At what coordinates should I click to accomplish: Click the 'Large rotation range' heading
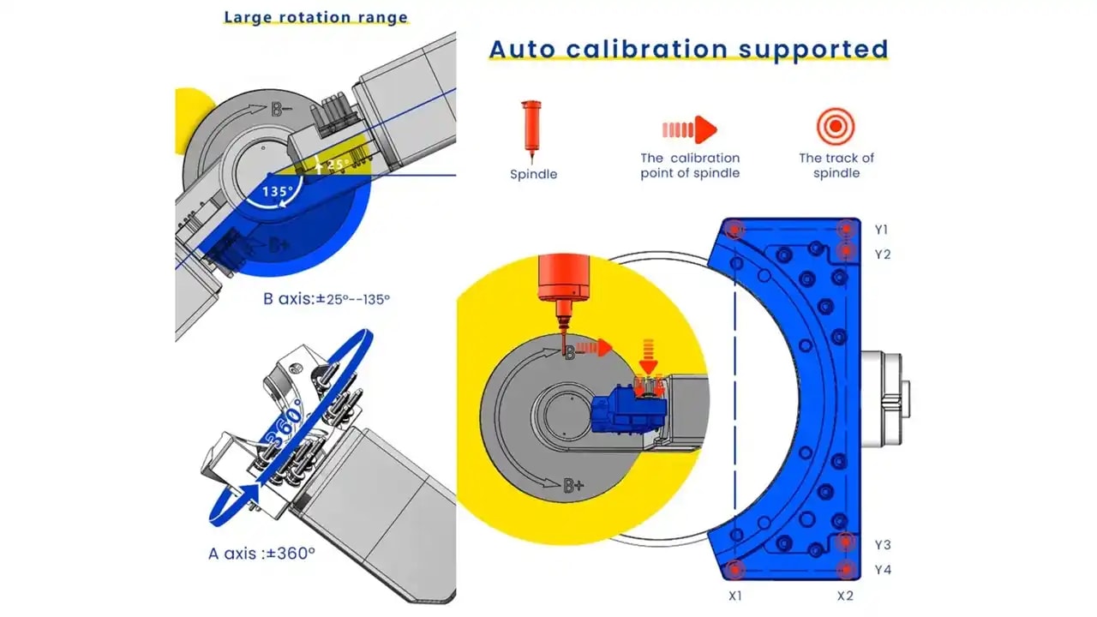(x=316, y=17)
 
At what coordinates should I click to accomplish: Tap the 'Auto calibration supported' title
(x=688, y=49)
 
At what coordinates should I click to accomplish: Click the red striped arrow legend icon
(x=690, y=129)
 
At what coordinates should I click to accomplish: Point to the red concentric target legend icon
(x=836, y=126)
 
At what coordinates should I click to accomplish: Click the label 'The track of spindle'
(x=836, y=165)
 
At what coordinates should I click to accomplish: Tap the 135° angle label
(x=278, y=191)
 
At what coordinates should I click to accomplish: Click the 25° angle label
(x=338, y=164)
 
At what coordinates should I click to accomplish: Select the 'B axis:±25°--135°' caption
(x=327, y=299)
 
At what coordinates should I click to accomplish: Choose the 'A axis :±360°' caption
(x=261, y=554)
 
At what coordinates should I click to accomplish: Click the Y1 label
(x=882, y=229)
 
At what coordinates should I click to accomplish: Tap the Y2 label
(x=883, y=255)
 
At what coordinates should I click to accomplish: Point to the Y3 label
(x=883, y=544)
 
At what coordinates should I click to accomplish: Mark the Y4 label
(x=883, y=570)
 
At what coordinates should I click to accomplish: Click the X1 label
(x=735, y=596)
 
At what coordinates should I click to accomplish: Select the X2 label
(x=845, y=596)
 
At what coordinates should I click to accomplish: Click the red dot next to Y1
(x=846, y=229)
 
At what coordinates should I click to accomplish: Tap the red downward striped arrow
(x=648, y=356)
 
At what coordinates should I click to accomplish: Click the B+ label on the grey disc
(x=573, y=486)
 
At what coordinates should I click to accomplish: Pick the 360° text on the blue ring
(x=285, y=424)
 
